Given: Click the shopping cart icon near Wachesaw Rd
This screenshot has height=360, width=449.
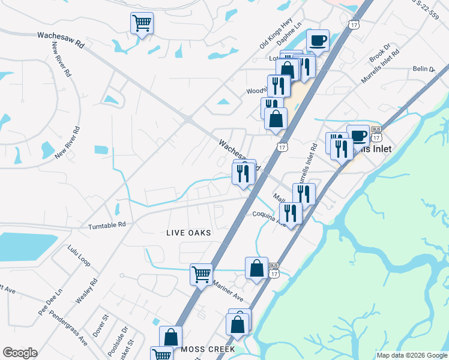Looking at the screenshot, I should (x=142, y=23).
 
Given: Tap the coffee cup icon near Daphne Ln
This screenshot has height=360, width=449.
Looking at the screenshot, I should (x=318, y=41).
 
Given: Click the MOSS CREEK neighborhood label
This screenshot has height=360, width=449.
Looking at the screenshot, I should (x=208, y=349).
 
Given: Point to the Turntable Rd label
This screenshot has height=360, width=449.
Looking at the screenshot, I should (x=107, y=226).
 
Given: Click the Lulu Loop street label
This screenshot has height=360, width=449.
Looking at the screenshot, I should (x=79, y=256).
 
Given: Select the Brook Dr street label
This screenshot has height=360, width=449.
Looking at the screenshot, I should (x=379, y=53).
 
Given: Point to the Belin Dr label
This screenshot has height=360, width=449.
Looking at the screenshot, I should (x=423, y=70).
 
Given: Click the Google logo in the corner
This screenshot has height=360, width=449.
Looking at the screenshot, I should (x=20, y=353).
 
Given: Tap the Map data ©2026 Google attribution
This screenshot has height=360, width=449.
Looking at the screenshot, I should (x=411, y=355).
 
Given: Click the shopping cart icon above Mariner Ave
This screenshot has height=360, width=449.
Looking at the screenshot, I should (x=201, y=274).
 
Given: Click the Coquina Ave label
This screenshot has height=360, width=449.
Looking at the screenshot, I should (x=268, y=216).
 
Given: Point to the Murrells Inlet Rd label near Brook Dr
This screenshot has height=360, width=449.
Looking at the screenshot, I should (x=380, y=70).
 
